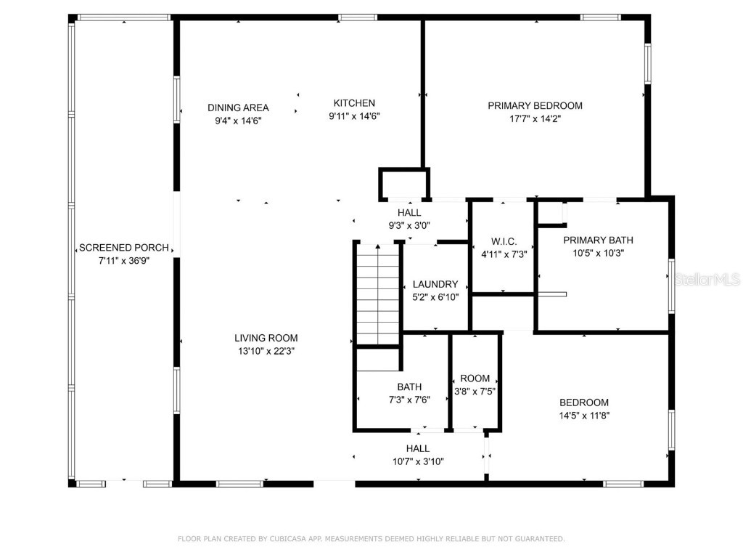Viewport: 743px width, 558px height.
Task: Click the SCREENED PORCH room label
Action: pos(124,248)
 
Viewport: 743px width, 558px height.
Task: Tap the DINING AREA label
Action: pos(238,108)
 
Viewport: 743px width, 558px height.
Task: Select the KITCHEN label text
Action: pos(354,103)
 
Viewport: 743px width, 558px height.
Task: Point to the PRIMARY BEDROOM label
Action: pos(535,105)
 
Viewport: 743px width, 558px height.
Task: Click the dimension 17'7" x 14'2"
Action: pos(535,118)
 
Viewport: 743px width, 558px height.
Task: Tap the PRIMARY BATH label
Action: pos(598,240)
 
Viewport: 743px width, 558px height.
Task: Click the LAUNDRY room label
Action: pos(435,284)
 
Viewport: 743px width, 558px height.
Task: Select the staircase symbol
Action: pos(377,294)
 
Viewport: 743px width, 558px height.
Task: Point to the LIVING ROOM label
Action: pos(266,338)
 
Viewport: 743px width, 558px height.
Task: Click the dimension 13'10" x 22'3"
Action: pos(266,351)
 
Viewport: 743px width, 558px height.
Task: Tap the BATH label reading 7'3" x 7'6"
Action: pos(409,387)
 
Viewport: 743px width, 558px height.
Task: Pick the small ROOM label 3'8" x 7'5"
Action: pos(475,379)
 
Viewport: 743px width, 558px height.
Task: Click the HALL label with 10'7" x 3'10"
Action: pos(417,448)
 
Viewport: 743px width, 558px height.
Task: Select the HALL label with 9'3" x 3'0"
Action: pos(409,213)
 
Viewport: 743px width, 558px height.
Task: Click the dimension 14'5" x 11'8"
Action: pos(583,416)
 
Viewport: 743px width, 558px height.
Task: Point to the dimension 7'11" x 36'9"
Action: pos(124,261)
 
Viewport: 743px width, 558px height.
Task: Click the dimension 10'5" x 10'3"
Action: pos(598,254)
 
